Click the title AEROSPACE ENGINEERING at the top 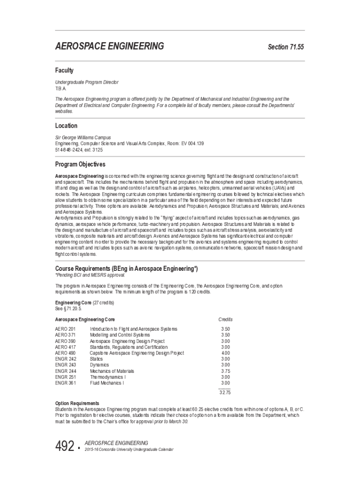coord(109,46)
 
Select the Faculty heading coord(65,71)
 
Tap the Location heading coord(66,126)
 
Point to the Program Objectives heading coord(80,165)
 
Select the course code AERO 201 coord(65,329)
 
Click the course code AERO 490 coord(65,353)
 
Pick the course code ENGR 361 coord(65,383)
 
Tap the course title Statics coord(97,359)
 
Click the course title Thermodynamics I coord(108,377)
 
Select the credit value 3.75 coord(225,370)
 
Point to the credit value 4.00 coord(225,353)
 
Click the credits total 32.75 coord(225,392)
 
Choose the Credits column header coord(225,319)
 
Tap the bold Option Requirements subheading coord(77,403)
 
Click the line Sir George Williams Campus coord(83,138)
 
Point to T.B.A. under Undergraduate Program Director coord(61,88)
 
